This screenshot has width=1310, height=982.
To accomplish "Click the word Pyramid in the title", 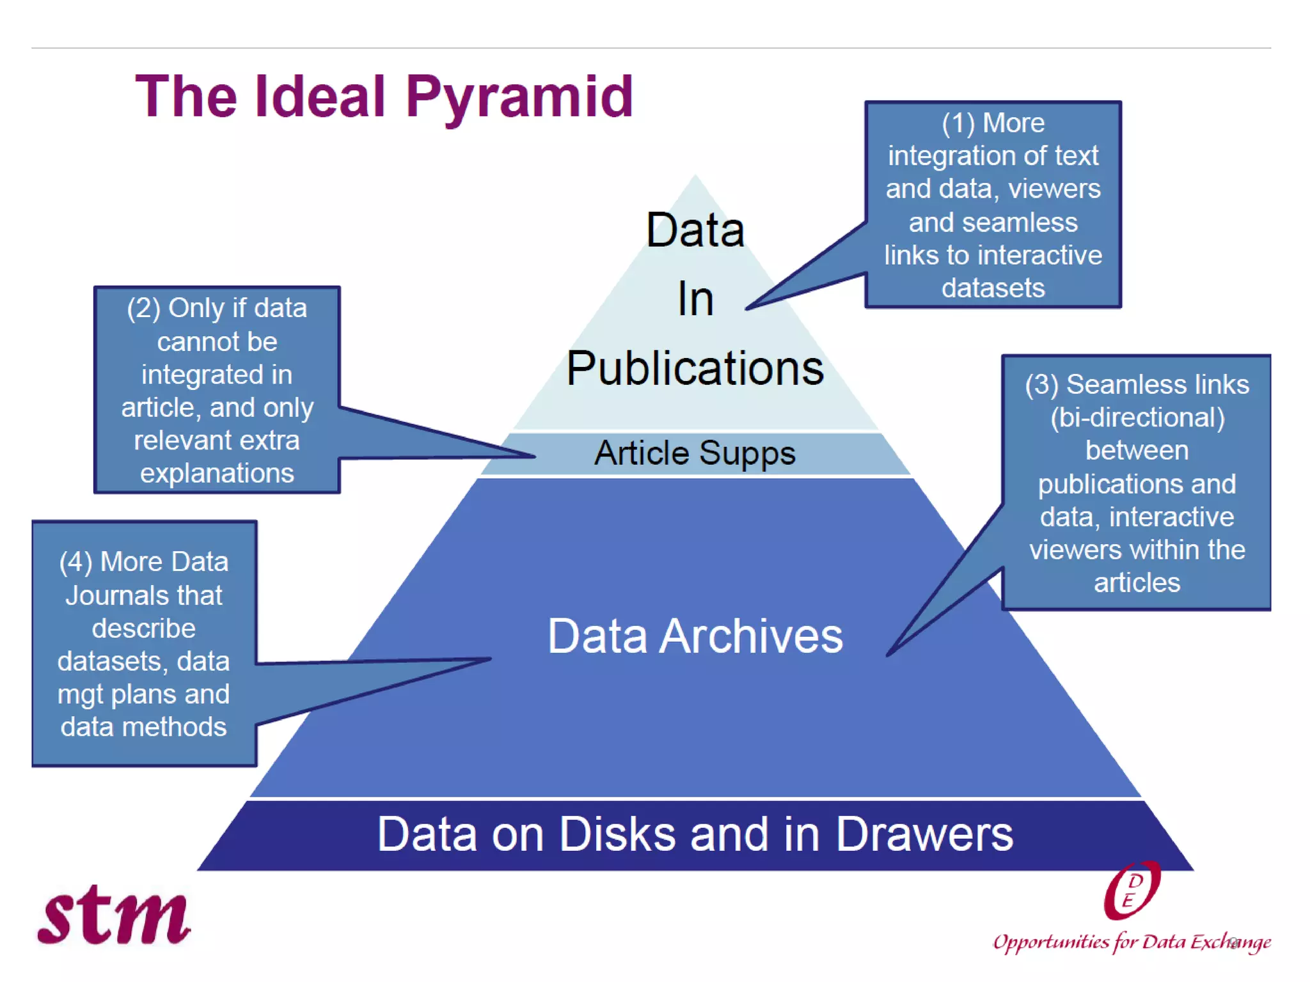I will (519, 98).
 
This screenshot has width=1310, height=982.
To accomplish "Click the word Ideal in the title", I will (320, 97).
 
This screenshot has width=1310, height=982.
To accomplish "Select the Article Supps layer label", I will (695, 453).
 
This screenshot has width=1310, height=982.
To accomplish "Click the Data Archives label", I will (695, 636).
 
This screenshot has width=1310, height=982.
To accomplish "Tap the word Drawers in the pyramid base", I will (924, 834).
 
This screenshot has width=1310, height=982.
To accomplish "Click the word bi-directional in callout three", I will (1137, 418).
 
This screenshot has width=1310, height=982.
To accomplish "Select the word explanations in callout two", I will (217, 473).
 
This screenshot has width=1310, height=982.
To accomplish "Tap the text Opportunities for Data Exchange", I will (1131, 942).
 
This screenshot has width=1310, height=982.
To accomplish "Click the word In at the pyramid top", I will (695, 299).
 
